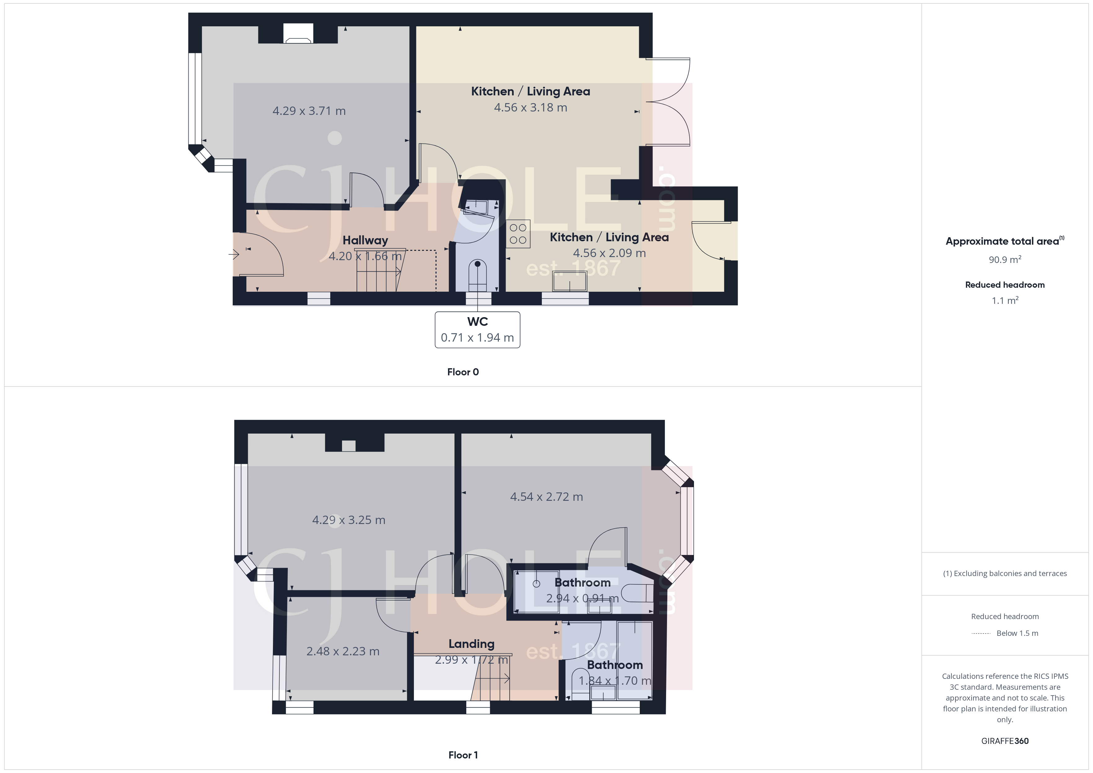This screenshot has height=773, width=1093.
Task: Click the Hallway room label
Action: point(365,240)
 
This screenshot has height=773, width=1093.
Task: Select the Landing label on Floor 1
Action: point(471,644)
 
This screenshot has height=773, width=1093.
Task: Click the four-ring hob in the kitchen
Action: point(518,234)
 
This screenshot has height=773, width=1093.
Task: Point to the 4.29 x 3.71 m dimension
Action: point(309,111)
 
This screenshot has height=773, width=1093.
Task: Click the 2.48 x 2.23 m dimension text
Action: point(343,651)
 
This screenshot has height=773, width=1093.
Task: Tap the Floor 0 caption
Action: point(463,372)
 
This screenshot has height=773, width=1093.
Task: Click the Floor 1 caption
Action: point(463,755)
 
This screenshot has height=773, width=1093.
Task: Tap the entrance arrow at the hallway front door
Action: point(234,255)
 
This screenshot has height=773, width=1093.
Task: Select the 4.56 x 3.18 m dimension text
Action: point(530,107)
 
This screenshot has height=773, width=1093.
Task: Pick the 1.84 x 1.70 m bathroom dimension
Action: point(615,681)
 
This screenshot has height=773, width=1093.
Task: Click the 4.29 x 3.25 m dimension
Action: point(349,520)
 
